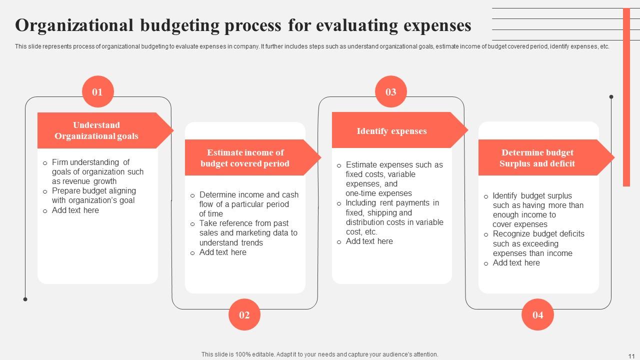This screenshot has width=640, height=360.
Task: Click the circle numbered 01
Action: [x=97, y=91]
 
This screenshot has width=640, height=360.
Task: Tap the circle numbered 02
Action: [x=244, y=314]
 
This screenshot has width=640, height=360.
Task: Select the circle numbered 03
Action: [x=390, y=91]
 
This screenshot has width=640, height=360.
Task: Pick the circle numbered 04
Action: [x=537, y=314]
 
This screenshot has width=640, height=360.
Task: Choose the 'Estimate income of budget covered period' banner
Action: [x=245, y=158]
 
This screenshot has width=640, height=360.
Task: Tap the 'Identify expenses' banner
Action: [x=392, y=131]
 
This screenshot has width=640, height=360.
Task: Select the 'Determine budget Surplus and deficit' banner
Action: [x=537, y=158]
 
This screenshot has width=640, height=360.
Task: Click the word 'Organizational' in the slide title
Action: [x=74, y=25]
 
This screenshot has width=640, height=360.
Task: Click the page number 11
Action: [x=630, y=354]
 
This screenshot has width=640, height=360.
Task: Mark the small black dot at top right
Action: [x=611, y=96]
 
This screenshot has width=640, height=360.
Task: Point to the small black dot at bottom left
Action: [x=25, y=299]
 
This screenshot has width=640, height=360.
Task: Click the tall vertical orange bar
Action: [x=626, y=97]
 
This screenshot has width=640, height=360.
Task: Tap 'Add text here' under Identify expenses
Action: [x=369, y=241]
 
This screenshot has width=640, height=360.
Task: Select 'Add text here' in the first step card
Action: [x=75, y=210]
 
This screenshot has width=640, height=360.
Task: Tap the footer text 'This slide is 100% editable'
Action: [x=319, y=354]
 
